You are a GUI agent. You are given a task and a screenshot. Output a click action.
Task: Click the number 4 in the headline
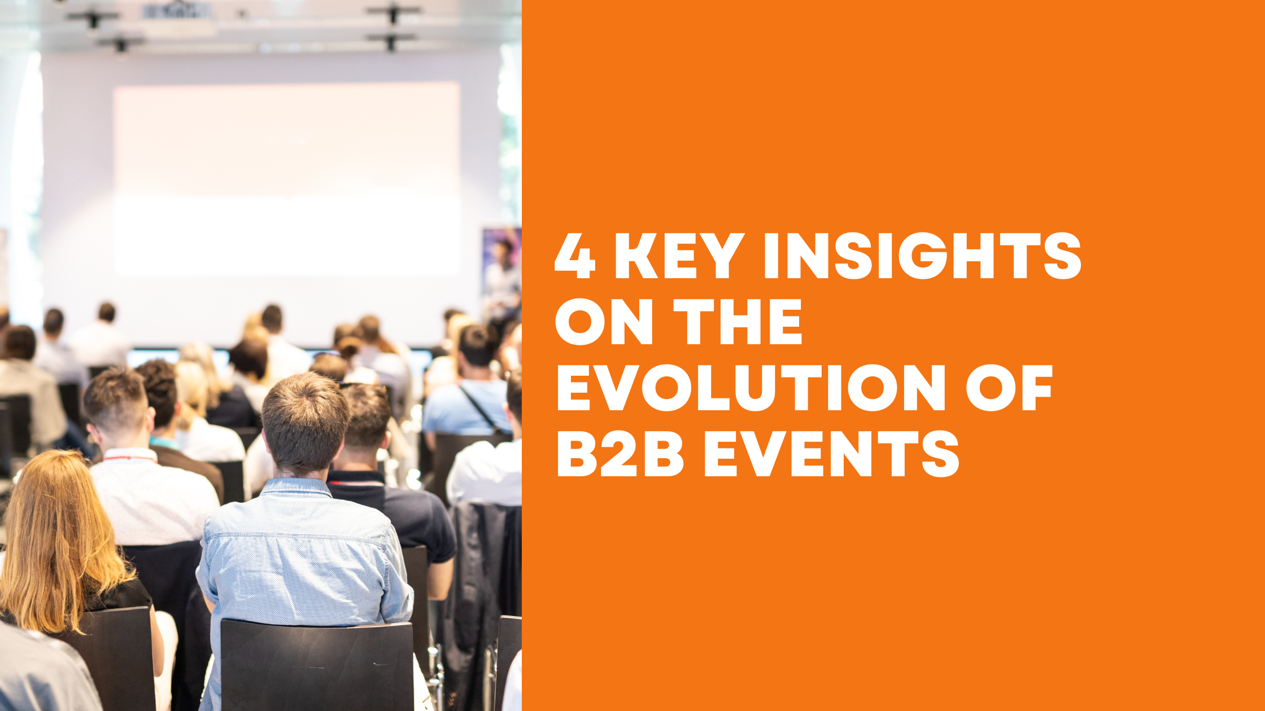point(575,256)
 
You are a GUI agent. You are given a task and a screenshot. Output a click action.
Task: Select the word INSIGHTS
point(922,256)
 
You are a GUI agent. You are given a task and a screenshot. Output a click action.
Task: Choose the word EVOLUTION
point(751,388)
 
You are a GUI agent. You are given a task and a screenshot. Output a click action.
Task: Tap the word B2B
point(620,454)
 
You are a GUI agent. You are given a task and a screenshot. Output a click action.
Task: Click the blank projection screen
point(286,179)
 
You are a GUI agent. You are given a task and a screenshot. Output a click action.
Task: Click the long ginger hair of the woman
point(56,542)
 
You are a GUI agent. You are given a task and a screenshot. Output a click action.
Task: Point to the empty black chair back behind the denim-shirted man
point(316,666)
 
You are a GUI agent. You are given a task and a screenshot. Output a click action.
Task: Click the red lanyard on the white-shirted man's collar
point(129,458)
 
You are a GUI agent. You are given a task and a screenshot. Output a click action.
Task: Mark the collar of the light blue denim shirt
point(296,486)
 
